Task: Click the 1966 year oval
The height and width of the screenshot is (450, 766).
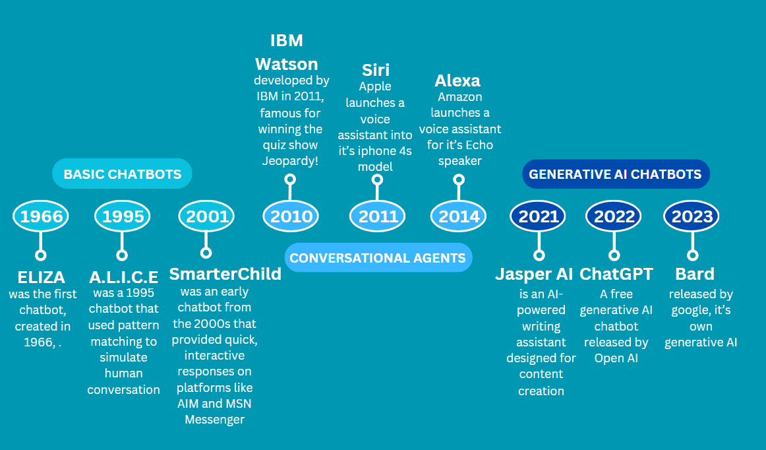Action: click(42, 216)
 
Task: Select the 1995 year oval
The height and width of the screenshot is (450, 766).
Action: click(123, 216)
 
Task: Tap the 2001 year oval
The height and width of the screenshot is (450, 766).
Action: click(207, 216)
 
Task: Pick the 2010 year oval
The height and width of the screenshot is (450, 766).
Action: click(291, 216)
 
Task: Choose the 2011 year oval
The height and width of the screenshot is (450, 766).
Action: click(378, 216)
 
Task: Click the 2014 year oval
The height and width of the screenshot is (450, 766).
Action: click(459, 216)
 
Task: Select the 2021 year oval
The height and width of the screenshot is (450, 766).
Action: click(539, 216)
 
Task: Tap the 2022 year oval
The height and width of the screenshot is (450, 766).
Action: click(614, 216)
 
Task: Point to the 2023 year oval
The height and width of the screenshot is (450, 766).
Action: click(692, 216)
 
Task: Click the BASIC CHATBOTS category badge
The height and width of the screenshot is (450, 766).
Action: click(122, 174)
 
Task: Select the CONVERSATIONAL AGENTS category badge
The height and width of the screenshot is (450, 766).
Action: click(378, 258)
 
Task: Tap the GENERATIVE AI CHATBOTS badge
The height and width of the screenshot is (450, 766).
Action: click(616, 174)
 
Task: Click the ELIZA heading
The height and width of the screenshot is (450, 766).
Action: click(41, 276)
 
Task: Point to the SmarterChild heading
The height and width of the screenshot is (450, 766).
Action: click(225, 274)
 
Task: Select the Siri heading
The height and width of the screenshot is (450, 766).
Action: click(376, 70)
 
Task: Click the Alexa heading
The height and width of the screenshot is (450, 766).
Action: click(457, 80)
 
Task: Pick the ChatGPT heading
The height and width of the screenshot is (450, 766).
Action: click(616, 274)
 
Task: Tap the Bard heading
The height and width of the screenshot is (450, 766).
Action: click(695, 274)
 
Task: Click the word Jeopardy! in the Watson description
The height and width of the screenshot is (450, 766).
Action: click(291, 161)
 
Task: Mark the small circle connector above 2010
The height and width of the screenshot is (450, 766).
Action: click(289, 179)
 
